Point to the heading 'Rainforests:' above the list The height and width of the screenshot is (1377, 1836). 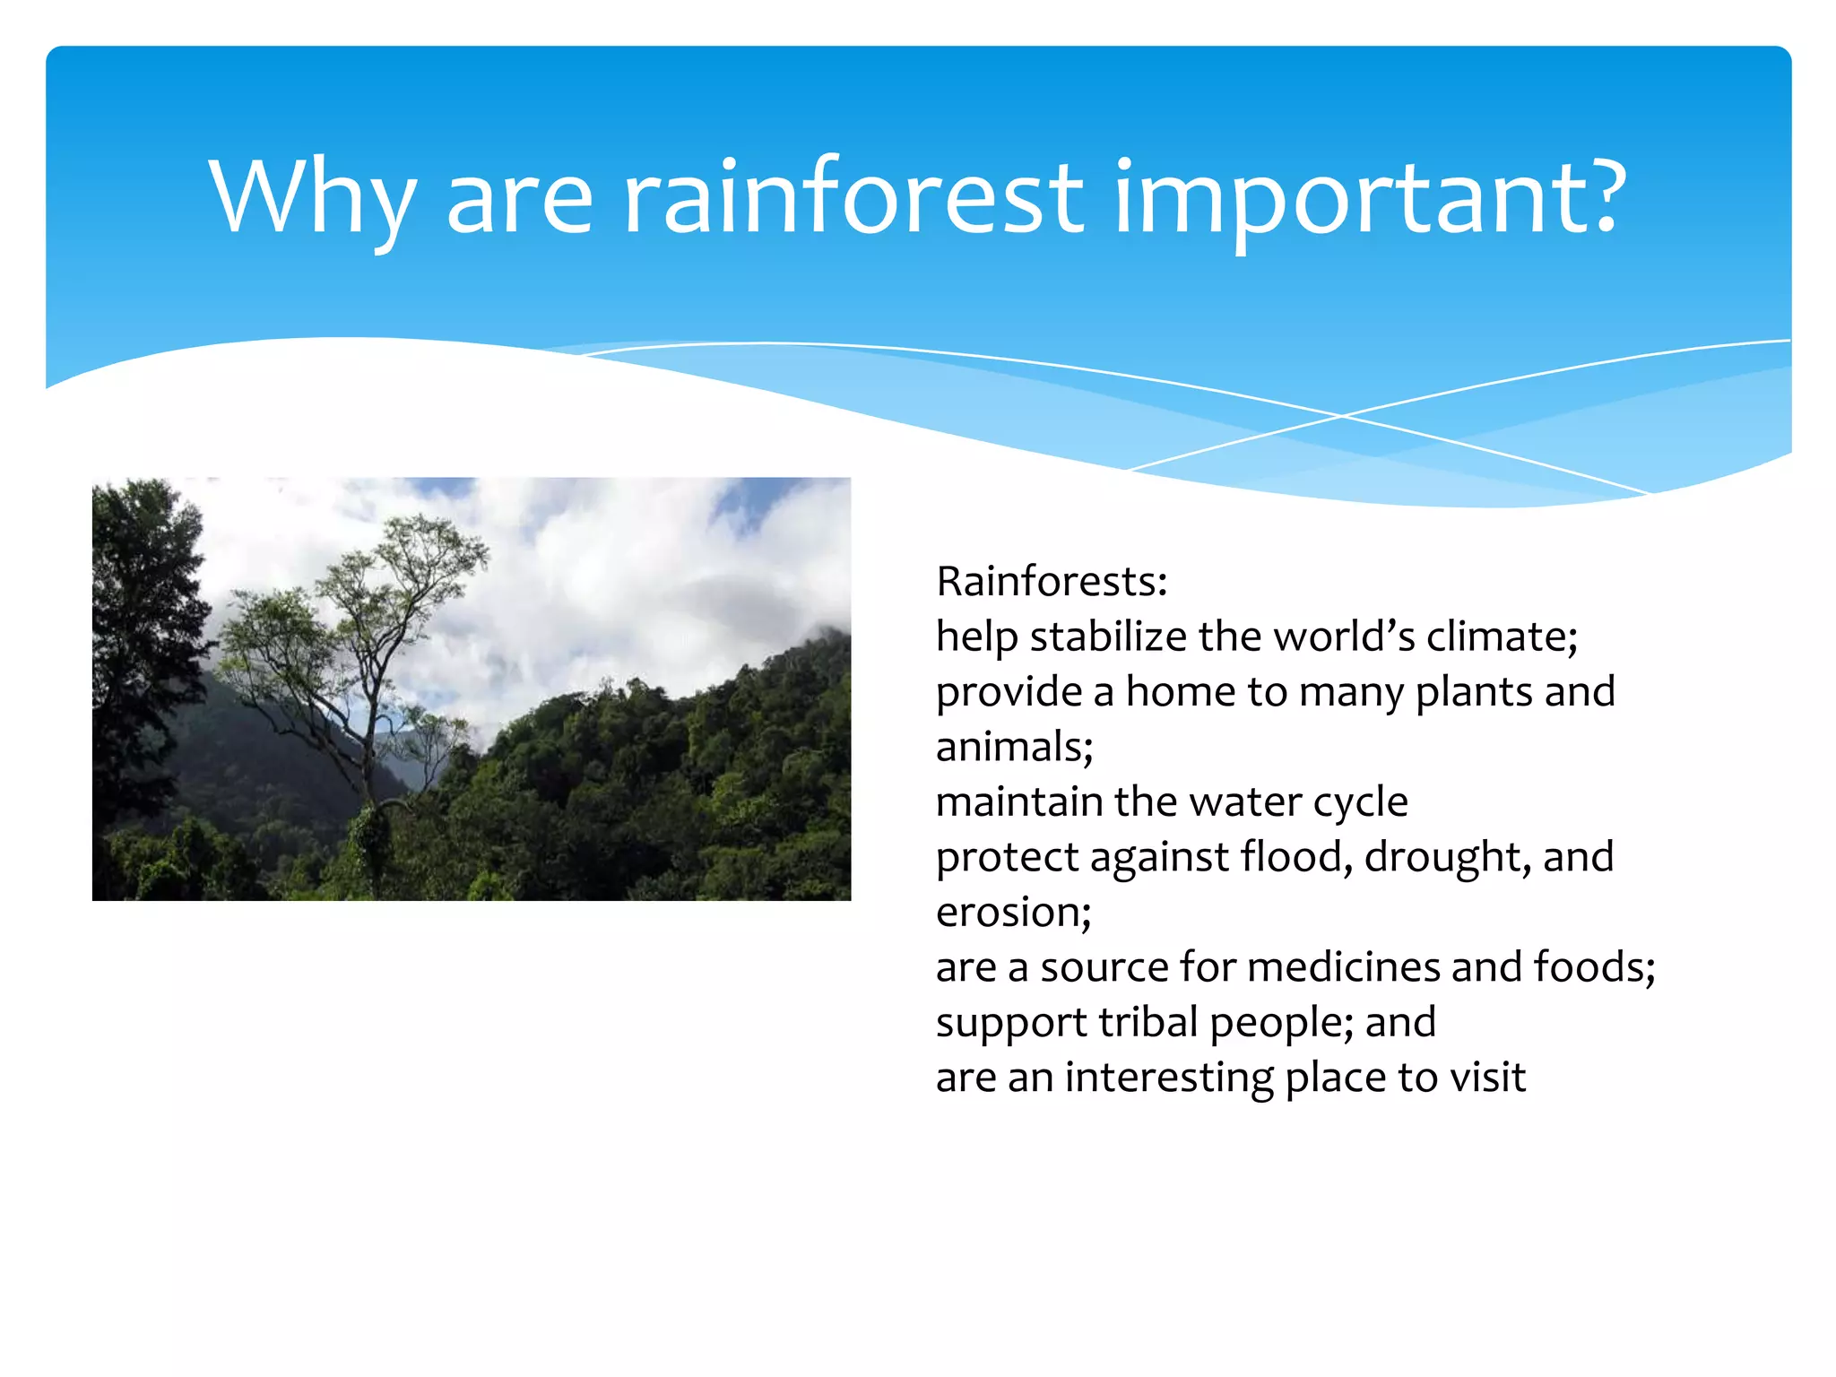[1052, 581]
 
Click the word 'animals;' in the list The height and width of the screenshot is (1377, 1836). [1014, 747]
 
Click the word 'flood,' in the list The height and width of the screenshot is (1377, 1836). [1296, 856]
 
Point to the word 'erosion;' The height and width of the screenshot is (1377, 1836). [1013, 912]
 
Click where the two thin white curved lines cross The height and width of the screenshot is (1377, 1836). [1342, 416]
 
